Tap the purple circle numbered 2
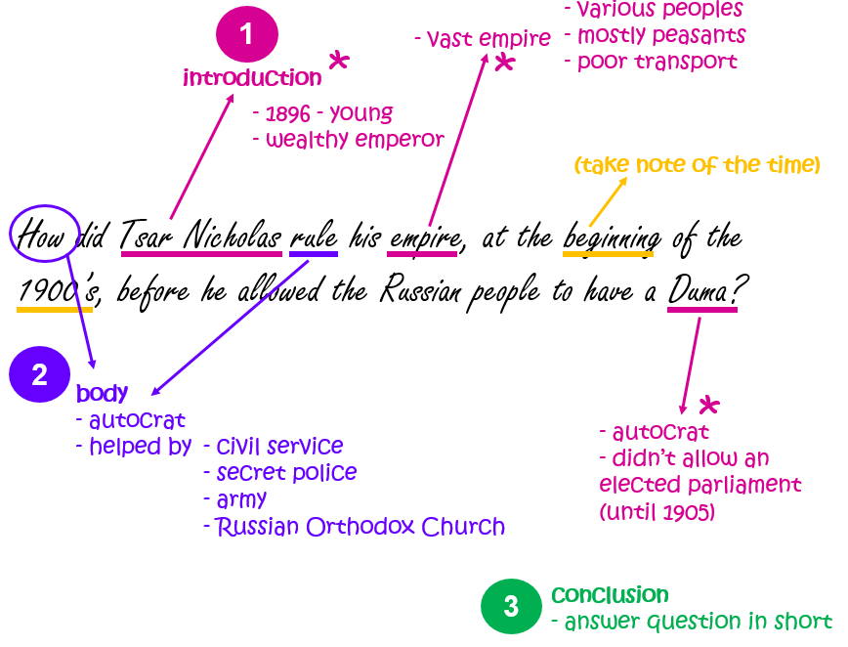pyautogui.click(x=39, y=375)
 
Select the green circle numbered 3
pyautogui.click(x=511, y=606)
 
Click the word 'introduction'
pyautogui.click(x=252, y=78)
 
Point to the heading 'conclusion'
pyautogui.click(x=610, y=595)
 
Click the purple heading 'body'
pyautogui.click(x=103, y=394)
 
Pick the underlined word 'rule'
pyautogui.click(x=314, y=237)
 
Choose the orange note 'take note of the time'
pyautogui.click(x=697, y=165)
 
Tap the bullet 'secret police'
pyautogui.click(x=280, y=473)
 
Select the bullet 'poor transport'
pyautogui.click(x=651, y=62)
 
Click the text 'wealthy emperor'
pyautogui.click(x=349, y=140)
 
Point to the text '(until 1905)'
pyautogui.click(x=657, y=510)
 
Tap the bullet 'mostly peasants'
pyautogui.click(x=656, y=36)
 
